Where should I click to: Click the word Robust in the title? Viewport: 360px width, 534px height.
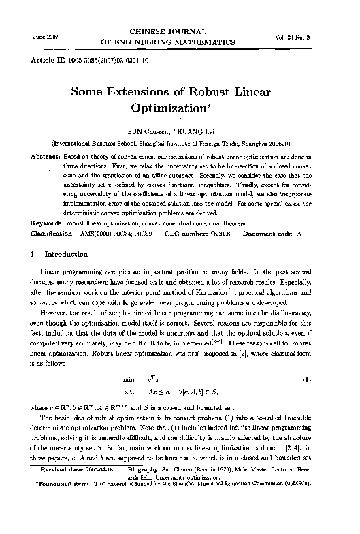click(x=204, y=93)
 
